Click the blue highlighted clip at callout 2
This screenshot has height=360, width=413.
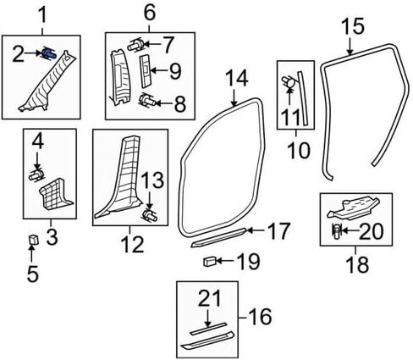pos(49,53)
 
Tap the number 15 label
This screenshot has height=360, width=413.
pos(354,26)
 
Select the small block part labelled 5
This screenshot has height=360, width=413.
pos(34,240)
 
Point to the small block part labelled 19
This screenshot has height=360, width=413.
pos(210,261)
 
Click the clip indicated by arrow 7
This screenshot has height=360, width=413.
pos(137,45)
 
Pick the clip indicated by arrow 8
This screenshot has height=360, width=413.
pos(147,101)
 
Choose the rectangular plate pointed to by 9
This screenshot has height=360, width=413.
pos(146,70)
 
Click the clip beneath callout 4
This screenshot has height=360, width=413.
pos(36,175)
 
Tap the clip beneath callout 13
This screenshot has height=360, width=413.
pos(151,216)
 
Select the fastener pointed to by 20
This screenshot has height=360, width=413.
pos(337,231)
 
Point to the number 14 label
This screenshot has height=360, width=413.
pos(237,78)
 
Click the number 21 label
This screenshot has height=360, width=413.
pos(210,299)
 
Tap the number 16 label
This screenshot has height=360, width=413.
pos(261,317)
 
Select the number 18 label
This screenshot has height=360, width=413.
pos(358,263)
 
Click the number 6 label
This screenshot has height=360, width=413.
pos(150,13)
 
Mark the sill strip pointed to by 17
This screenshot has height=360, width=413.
pos(218,237)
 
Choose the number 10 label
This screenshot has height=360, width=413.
pos(299,150)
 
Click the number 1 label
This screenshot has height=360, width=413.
pos(43,15)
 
